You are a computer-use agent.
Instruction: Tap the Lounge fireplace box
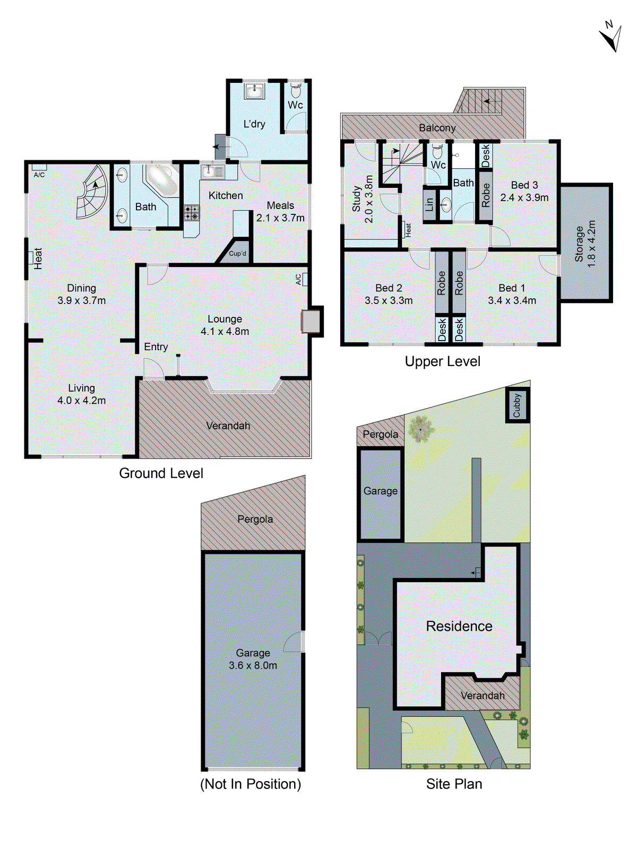(311, 321)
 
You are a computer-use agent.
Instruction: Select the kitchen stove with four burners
(192, 213)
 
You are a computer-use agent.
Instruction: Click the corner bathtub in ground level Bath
(162, 180)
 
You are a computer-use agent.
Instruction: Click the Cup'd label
(237, 254)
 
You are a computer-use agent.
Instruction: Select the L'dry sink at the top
(254, 91)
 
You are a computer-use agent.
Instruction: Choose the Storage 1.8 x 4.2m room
(586, 243)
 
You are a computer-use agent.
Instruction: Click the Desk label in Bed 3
(486, 156)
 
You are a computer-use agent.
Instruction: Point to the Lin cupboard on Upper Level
(429, 204)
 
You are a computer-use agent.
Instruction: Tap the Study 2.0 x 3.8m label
(363, 200)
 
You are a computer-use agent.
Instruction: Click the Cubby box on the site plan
(518, 405)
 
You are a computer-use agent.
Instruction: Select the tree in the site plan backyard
(420, 429)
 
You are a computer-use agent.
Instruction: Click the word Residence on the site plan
(459, 626)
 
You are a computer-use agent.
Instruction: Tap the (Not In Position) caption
(251, 784)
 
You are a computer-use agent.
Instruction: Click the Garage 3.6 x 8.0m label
(253, 659)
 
